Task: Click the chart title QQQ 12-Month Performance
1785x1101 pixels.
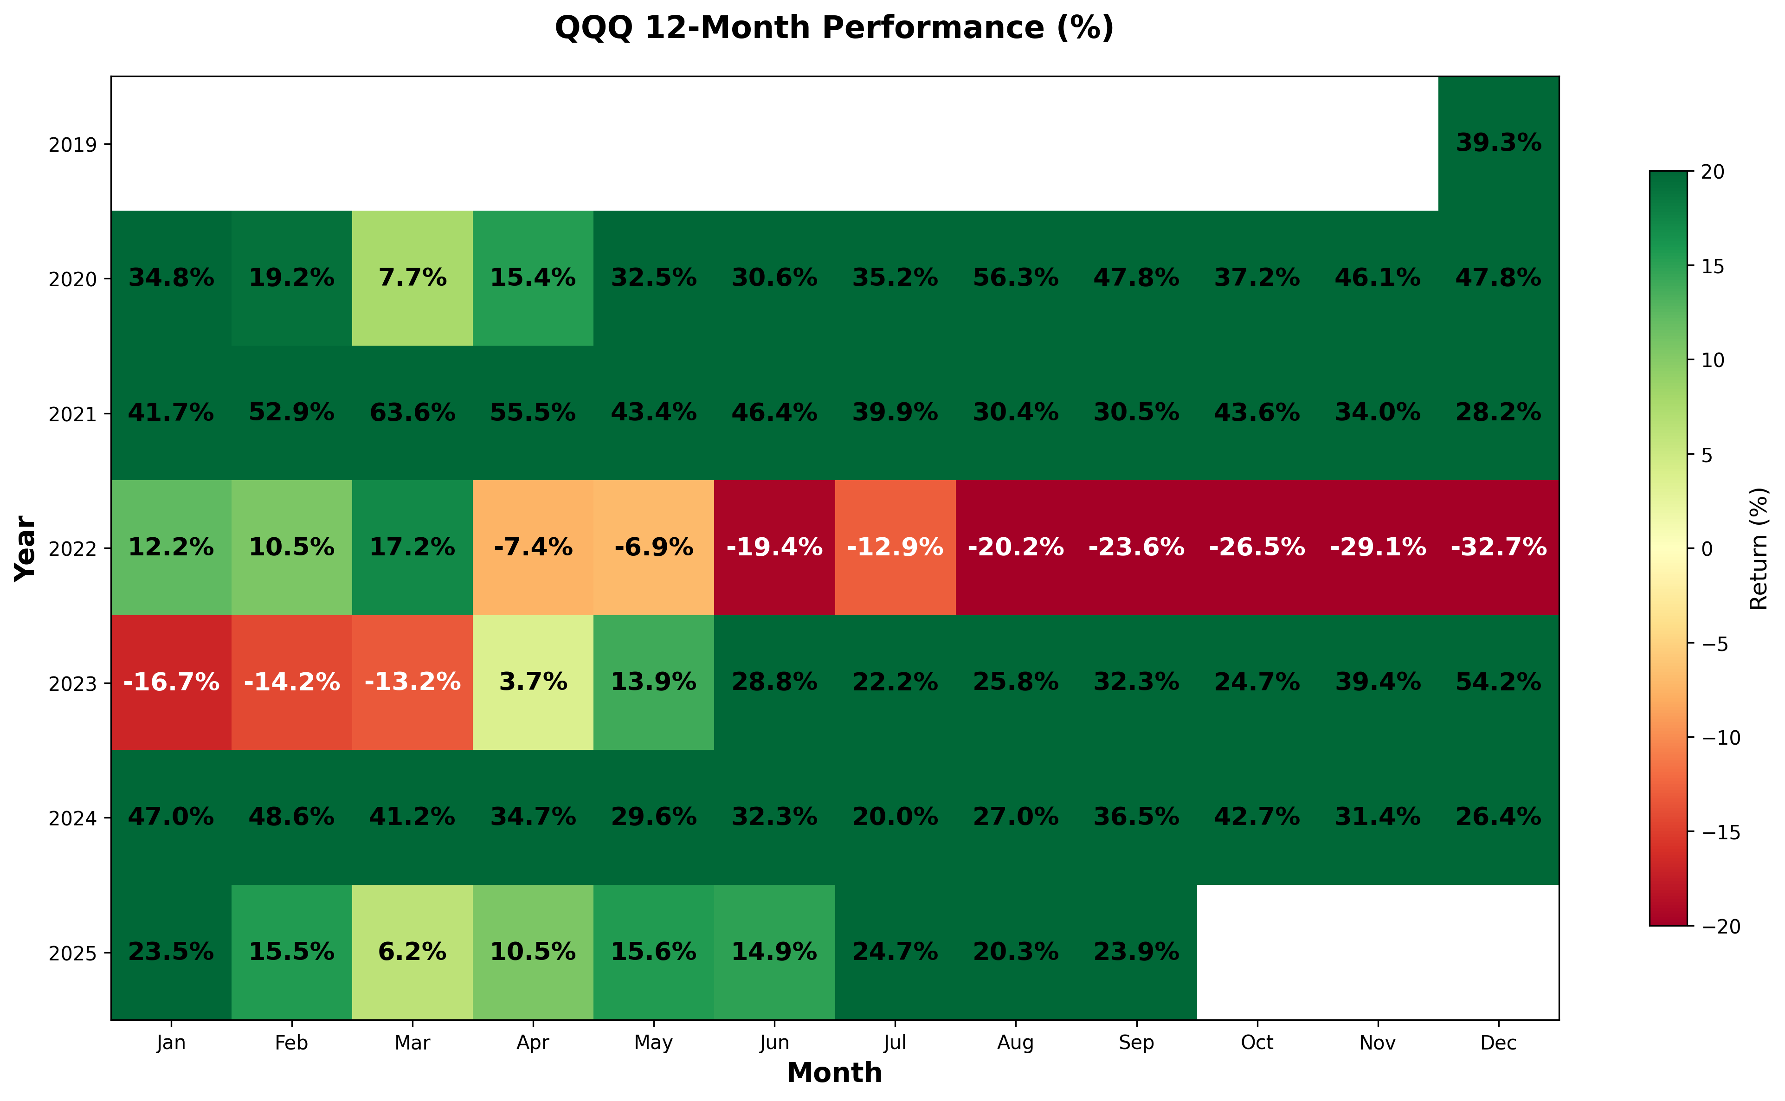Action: click(x=834, y=28)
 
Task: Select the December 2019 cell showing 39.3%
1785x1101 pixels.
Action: click(x=1498, y=143)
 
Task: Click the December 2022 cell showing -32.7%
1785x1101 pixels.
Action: click(x=1498, y=547)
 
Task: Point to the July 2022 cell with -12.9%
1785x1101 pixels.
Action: click(x=895, y=547)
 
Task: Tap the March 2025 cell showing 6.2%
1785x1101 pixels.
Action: click(x=412, y=952)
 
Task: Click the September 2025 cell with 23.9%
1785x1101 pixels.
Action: click(x=1136, y=952)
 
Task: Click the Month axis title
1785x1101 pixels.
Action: click(x=834, y=1073)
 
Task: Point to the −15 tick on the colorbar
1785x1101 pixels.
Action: click(x=1719, y=832)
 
